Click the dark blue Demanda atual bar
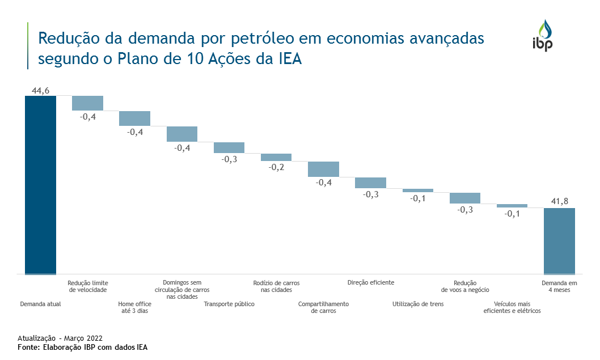[x=40, y=184]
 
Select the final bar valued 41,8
[x=559, y=241]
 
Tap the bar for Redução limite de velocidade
[x=87, y=103]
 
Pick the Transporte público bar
[x=229, y=147]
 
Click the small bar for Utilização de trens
[x=418, y=190]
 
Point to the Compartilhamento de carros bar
[x=323, y=169]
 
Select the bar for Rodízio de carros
[x=276, y=157]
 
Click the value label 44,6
[x=40, y=91]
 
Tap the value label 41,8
[x=559, y=201]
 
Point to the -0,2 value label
[x=276, y=167]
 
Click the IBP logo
[x=542, y=36]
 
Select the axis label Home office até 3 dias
[x=134, y=307]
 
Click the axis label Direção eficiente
[x=370, y=282]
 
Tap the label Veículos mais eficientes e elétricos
[x=512, y=307]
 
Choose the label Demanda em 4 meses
[x=559, y=286]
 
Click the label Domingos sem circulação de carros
[x=181, y=289]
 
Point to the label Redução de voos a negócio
[x=465, y=286]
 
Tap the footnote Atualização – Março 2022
[x=60, y=338]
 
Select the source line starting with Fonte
[x=82, y=348]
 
